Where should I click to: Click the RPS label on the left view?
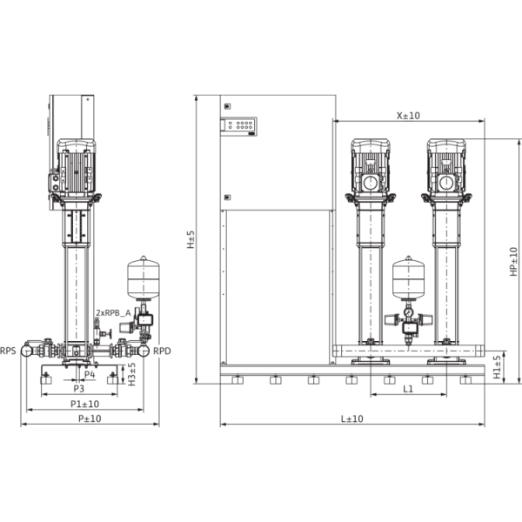8,351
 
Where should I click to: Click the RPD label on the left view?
163,351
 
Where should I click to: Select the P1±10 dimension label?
85,404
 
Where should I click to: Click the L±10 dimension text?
351,419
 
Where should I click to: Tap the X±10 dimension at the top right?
408,114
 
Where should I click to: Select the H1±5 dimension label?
498,367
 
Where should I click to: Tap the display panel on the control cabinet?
240,126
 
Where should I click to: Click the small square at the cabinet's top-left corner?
227,105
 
